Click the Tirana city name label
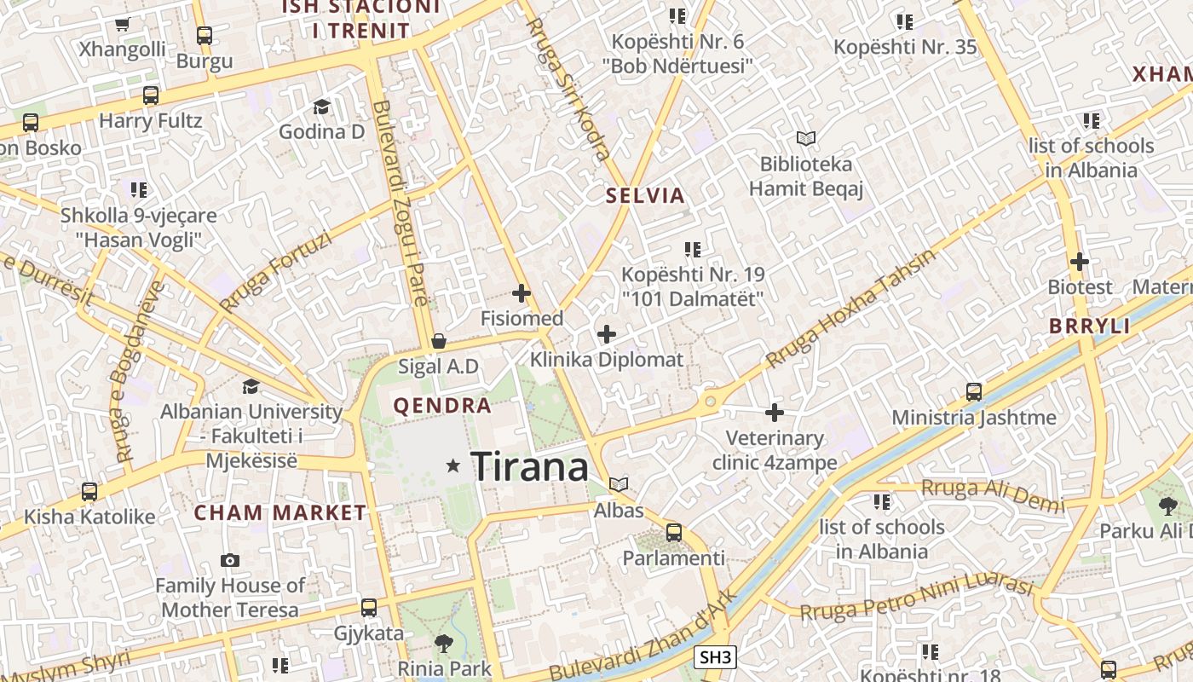529,466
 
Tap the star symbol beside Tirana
453,465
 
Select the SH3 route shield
715,657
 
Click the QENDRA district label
442,406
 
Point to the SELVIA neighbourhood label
645,196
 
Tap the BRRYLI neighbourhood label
1089,327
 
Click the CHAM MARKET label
280,513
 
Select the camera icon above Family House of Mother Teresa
229,560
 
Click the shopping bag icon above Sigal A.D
439,341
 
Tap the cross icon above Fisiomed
522,293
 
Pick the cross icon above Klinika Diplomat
607,334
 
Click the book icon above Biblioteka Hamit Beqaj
805,138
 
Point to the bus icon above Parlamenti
674,533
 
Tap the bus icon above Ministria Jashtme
974,392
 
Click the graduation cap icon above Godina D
321,107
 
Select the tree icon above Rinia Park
443,643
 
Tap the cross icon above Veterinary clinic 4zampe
774,413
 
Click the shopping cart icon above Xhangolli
122,25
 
